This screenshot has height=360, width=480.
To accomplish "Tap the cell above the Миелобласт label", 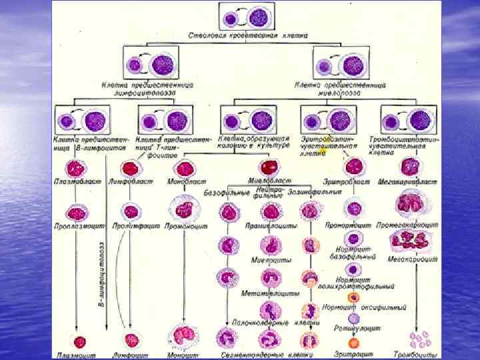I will point(269,167).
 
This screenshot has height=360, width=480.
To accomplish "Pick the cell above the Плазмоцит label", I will point(79,342).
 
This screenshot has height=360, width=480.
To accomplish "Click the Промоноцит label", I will point(184,226).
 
